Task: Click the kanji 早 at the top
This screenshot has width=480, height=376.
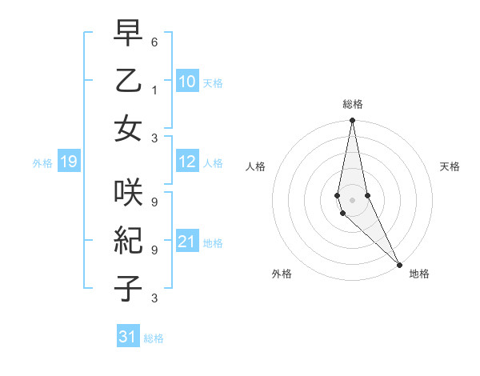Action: (x=128, y=34)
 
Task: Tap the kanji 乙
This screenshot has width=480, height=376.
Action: (x=128, y=82)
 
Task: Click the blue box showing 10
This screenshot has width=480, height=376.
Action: (x=186, y=81)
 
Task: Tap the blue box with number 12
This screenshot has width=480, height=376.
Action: (x=186, y=162)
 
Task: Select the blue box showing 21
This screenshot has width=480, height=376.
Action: (x=186, y=242)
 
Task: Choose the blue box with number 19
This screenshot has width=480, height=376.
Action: (x=68, y=162)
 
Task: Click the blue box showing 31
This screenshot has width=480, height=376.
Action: (x=128, y=337)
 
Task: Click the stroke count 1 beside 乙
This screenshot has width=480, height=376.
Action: (x=154, y=90)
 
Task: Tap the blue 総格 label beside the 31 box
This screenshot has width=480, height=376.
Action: (x=154, y=338)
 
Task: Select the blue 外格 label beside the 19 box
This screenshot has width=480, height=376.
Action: (x=42, y=163)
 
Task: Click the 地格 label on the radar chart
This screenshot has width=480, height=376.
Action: (x=419, y=274)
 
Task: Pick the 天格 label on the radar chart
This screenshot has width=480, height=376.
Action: (x=450, y=166)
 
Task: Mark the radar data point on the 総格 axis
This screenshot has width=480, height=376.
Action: (x=352, y=121)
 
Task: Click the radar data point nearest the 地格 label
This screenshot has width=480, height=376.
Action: (x=399, y=264)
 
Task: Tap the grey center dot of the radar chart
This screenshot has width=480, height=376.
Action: (x=352, y=199)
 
